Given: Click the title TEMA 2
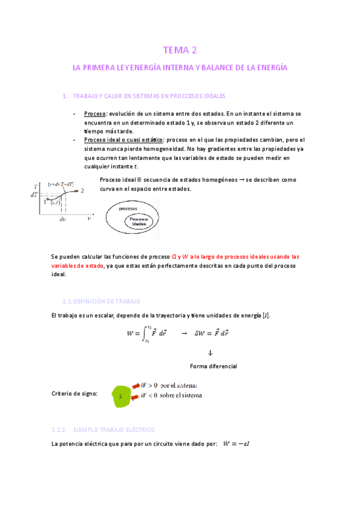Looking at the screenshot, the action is tap(180, 51).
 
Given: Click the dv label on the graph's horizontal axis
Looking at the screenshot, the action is tap(63, 220).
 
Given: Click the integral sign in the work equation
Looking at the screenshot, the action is tap(144, 331).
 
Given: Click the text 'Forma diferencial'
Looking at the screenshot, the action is tap(213, 366).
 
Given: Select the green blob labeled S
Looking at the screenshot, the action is tap(121, 396).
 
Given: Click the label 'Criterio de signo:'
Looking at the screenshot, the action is tap(75, 393).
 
